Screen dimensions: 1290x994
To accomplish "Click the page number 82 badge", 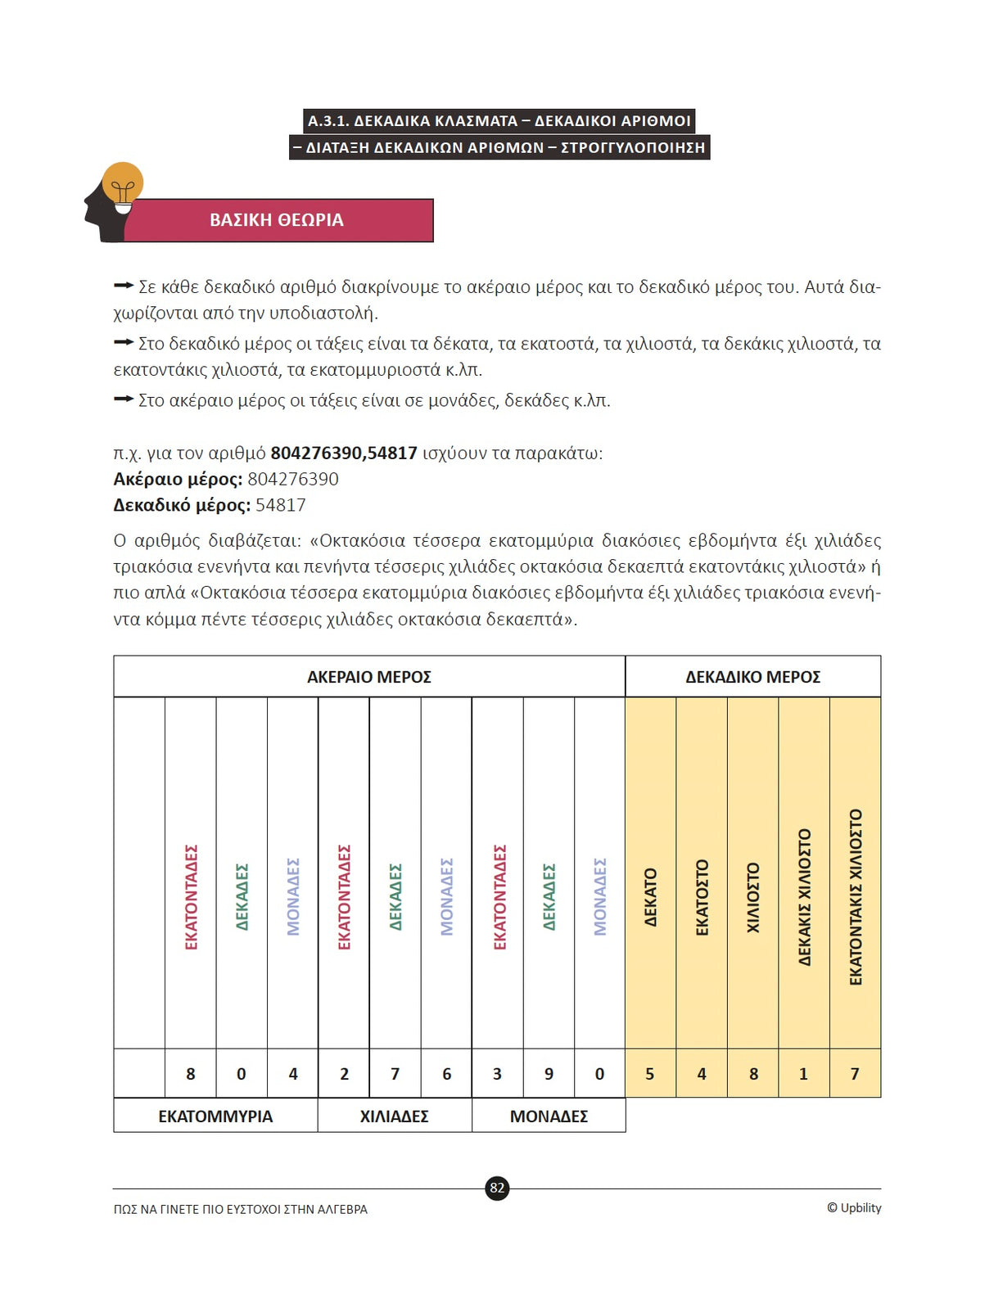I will click(497, 1188).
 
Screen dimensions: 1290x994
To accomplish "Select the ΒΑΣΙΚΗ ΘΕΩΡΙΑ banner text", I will click(277, 220).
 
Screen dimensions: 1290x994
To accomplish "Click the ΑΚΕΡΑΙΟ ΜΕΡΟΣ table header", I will click(369, 677).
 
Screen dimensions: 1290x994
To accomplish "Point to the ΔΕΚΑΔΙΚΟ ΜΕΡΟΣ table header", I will click(752, 677).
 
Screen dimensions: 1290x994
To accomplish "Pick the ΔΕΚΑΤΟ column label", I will click(651, 897).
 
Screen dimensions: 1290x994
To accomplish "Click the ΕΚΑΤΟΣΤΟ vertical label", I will click(702, 897).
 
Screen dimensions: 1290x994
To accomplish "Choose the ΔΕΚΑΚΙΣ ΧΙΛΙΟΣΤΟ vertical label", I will click(804, 897).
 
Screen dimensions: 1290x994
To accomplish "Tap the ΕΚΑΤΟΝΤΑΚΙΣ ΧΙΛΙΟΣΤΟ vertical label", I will click(856, 897).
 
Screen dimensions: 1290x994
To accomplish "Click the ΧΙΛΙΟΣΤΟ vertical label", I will click(753, 897).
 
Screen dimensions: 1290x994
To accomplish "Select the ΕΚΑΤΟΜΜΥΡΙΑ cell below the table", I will click(215, 1116).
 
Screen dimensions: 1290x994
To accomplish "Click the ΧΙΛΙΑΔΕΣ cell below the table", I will click(395, 1116).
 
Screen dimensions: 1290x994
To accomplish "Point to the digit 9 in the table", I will click(549, 1074).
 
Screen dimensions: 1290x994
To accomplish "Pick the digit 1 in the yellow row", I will click(803, 1074).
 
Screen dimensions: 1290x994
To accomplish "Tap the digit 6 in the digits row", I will click(446, 1074).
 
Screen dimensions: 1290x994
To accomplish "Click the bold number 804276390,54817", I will click(344, 453).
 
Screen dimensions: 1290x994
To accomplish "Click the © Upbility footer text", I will click(854, 1208).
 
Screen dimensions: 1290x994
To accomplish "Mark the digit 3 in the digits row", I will click(497, 1074).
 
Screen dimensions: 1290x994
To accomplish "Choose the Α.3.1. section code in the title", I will click(328, 121).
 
